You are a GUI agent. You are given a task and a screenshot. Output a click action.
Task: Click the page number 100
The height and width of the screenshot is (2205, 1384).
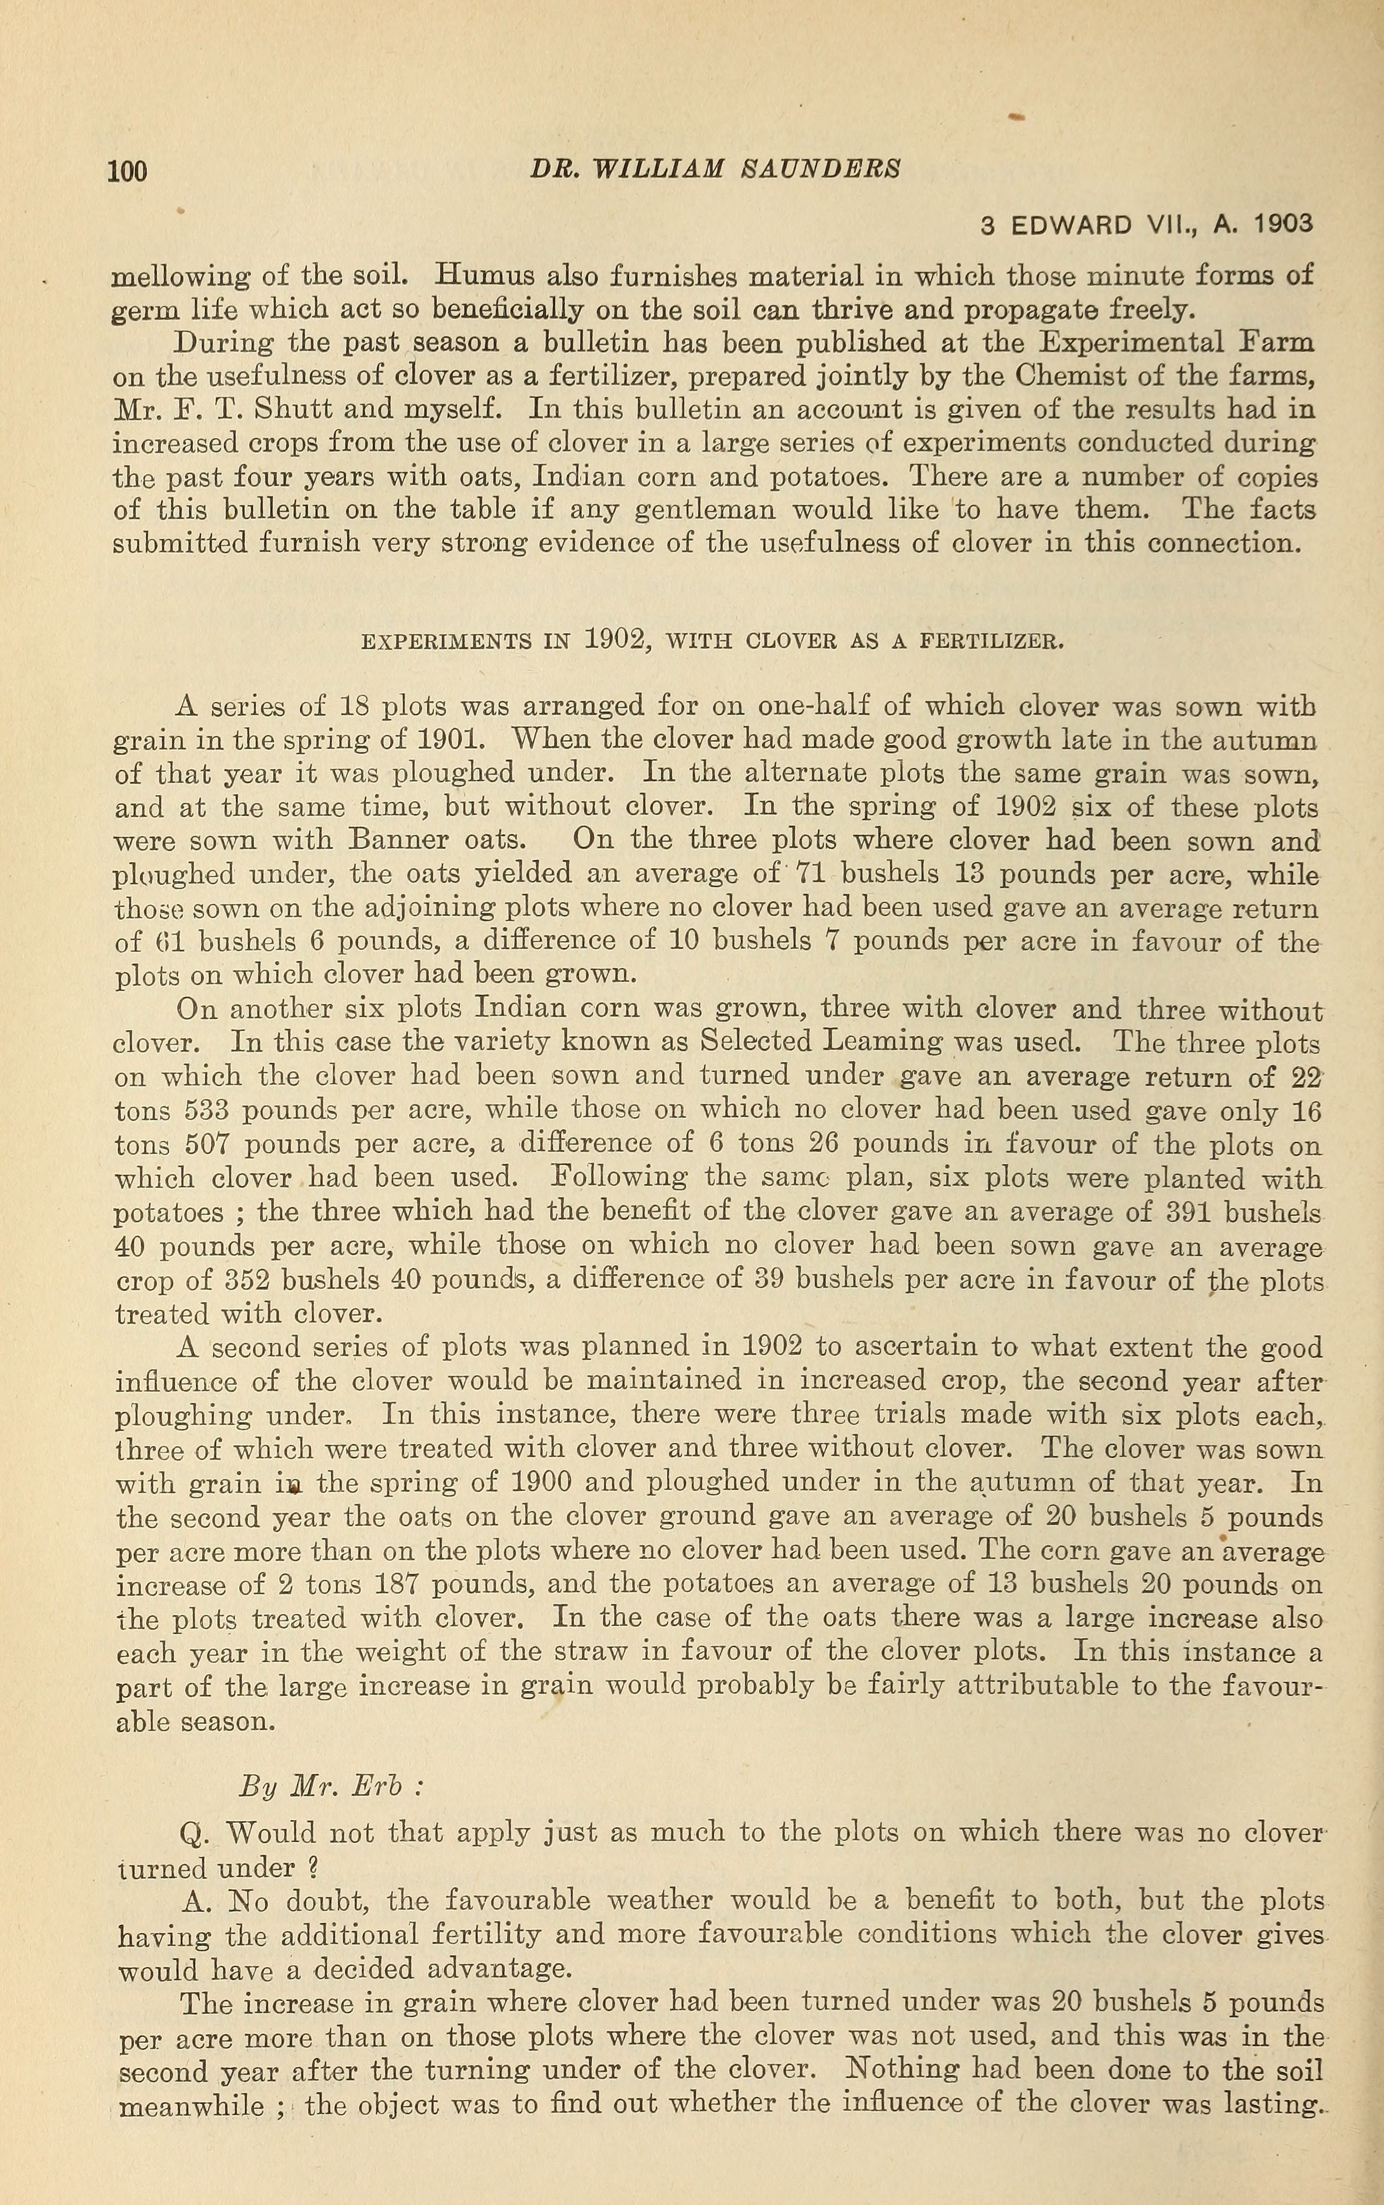127,171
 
